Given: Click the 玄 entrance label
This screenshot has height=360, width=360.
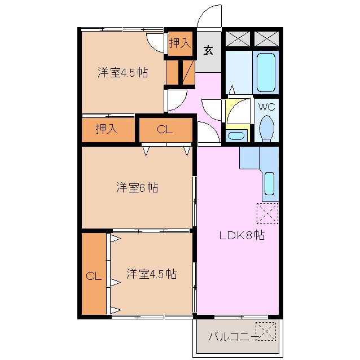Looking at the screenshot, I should point(208,50).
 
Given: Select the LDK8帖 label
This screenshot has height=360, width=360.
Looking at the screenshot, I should point(242,235).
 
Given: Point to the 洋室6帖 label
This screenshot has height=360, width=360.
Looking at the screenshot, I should point(137,188).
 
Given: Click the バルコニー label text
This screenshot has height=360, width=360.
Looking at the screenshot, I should point(231,337).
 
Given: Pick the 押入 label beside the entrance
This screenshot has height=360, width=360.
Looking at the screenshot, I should point(180,43).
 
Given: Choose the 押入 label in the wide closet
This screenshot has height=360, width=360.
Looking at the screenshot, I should point(107,129).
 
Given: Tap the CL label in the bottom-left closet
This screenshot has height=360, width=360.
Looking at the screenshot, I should point(93,276).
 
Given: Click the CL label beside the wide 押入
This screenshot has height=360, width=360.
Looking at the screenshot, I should point(164,130).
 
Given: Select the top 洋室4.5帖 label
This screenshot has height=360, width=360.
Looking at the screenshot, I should point(122,73).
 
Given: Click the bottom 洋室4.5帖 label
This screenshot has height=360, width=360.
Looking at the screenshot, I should point(151,274).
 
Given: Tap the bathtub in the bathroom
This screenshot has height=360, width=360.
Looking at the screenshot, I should point(266,72).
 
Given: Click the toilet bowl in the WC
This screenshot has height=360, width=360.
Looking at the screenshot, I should point(266,128).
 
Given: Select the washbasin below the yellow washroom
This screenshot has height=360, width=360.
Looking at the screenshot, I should point(235,135).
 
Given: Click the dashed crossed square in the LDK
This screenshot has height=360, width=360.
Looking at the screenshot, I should point(267,213).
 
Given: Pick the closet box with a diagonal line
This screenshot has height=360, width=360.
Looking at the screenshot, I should point(187,71).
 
